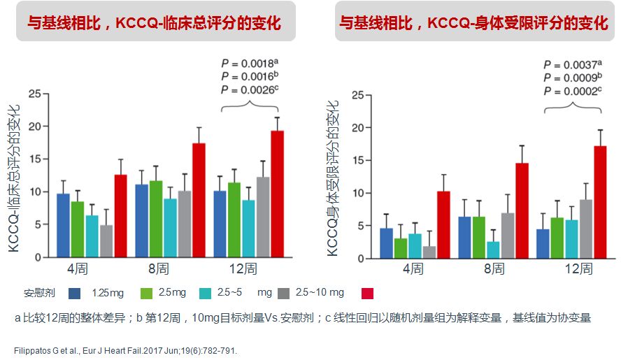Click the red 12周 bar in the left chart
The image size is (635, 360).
(277, 194)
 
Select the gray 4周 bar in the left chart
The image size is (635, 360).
(106, 240)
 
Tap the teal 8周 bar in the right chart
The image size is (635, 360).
(492, 250)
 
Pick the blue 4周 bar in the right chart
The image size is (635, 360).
(385, 243)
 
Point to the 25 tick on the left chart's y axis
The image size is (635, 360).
(39, 93)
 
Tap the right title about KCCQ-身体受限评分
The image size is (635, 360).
(473, 24)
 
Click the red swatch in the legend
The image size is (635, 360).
(368, 292)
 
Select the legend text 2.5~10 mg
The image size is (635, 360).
(320, 292)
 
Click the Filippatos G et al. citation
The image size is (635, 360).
(126, 350)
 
